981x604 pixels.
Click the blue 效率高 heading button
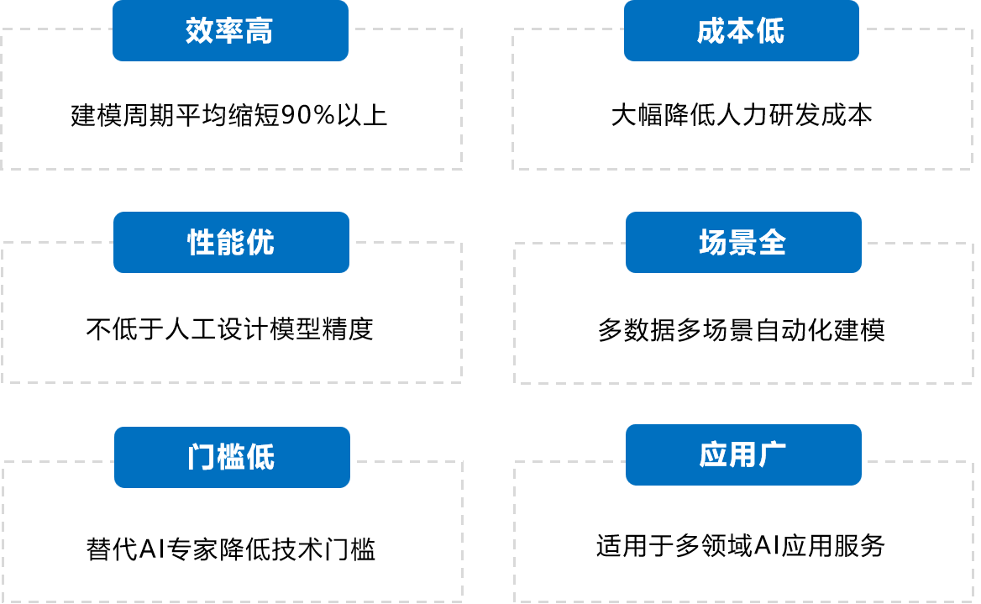230,31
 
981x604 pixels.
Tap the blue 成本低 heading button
742,31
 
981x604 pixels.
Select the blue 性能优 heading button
232,242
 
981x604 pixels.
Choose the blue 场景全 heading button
743,242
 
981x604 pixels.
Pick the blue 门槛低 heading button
232,457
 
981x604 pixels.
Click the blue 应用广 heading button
743,455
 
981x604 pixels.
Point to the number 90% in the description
307,115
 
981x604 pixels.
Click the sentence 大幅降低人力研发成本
742,115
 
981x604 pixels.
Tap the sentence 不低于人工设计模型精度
229,329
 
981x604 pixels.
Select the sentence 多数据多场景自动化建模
742,330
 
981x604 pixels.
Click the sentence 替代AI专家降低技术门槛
230,549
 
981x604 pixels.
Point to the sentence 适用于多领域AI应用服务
740,546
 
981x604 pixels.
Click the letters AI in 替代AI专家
151,549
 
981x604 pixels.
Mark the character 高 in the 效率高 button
259,31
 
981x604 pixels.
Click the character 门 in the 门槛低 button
202,457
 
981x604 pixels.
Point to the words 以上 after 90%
362,115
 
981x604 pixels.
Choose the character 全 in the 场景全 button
772,242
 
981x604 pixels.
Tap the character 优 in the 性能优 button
260,242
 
